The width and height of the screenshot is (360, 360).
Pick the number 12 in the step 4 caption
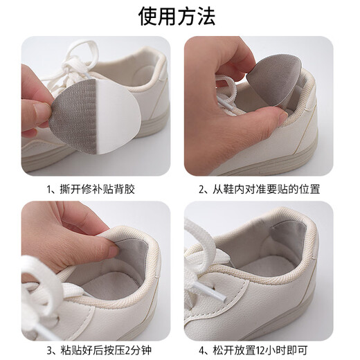[x=272, y=348]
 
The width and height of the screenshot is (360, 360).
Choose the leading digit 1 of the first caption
[x=51, y=188]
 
